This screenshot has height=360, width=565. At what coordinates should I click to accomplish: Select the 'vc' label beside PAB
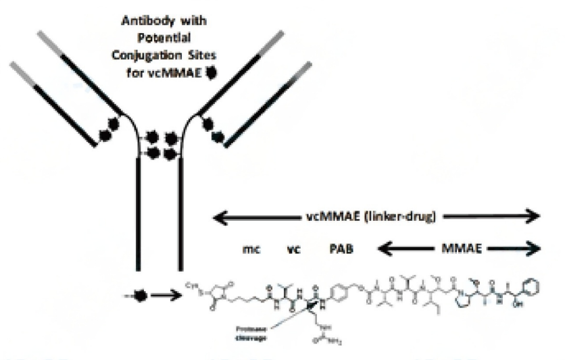pos(293,249)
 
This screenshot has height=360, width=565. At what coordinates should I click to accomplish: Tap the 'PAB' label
pos(341,249)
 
